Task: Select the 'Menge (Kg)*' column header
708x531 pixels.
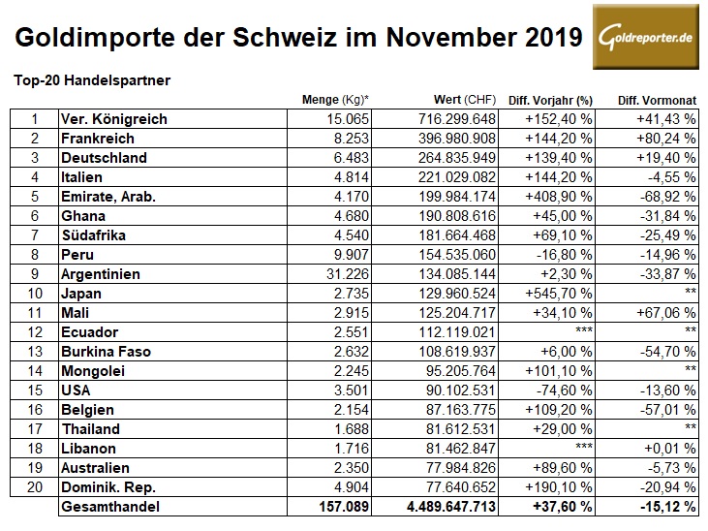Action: [339, 100]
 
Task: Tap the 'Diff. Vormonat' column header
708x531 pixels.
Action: [658, 100]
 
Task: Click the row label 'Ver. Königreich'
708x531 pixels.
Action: [113, 119]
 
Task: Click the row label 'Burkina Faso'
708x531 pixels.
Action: [106, 351]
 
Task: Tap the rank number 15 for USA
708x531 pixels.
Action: [36, 390]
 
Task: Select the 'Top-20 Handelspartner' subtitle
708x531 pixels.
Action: [92, 80]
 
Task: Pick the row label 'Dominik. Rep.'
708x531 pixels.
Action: [107, 486]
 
